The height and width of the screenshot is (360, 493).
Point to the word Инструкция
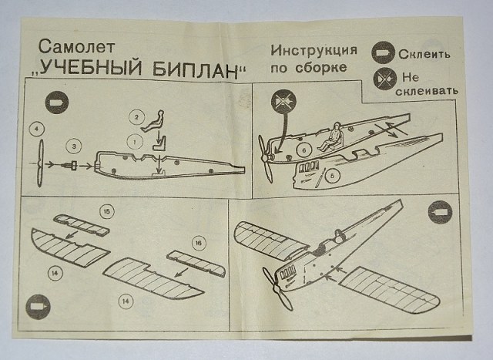tap(314, 51)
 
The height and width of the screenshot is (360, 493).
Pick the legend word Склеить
tap(424, 55)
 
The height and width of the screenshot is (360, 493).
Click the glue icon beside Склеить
tap(383, 54)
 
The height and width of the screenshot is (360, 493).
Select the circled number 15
tap(106, 210)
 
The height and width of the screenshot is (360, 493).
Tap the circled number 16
tap(198, 244)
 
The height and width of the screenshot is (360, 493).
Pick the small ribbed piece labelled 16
tap(196, 263)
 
